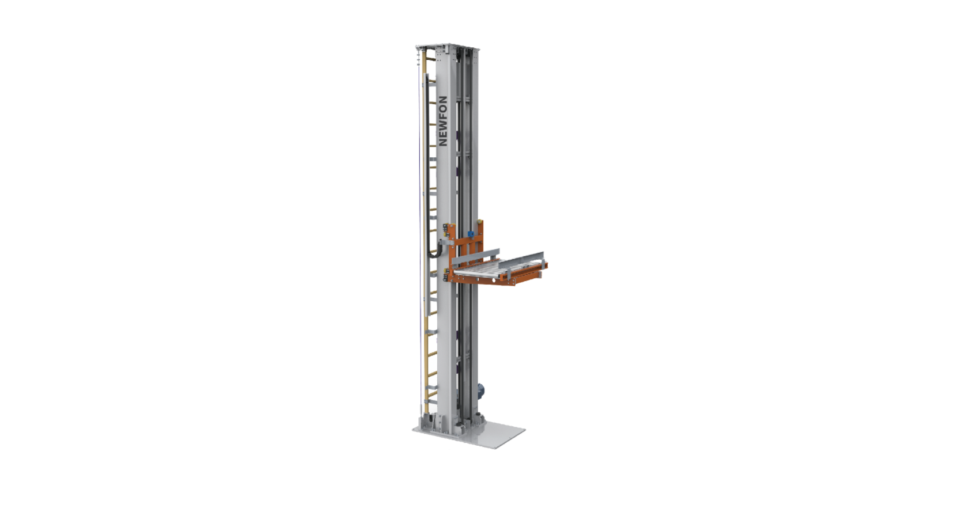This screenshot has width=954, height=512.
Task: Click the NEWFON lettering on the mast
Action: coord(443,121)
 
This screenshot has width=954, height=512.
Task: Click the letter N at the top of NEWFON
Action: coord(443,100)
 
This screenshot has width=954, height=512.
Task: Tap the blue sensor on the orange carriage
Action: coord(471,234)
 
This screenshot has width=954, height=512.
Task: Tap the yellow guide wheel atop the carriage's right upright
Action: coord(482,221)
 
